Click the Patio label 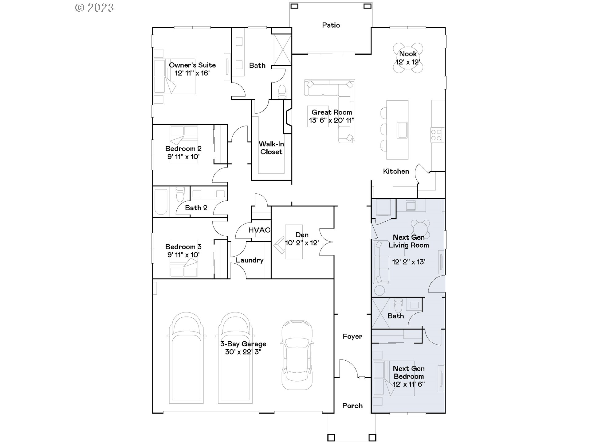331,25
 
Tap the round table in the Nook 408,58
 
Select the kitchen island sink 402,130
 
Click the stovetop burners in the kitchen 436,135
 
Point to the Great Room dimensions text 332,120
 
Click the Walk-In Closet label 271,148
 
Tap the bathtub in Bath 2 161,202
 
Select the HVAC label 259,230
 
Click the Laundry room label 250,260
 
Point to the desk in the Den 293,242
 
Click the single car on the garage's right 297,355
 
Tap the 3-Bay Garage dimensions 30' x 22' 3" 243,352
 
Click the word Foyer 352,336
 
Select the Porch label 352,405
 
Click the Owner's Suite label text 192,65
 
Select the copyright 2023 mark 95,8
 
